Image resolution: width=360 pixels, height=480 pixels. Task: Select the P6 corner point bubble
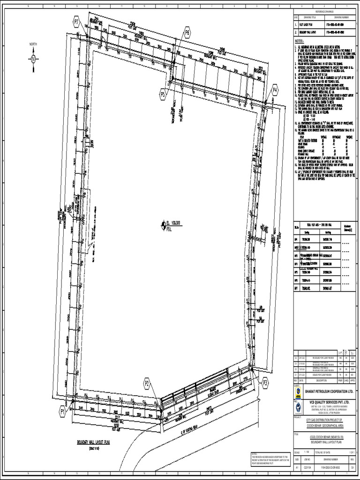pos(187,32)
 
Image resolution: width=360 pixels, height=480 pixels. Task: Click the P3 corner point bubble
pos(265,382)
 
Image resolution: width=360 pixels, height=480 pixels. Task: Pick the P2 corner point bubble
pos(147,384)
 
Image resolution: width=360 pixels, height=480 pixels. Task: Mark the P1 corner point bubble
pos(62,411)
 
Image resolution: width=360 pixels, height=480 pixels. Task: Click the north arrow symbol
pos(33,59)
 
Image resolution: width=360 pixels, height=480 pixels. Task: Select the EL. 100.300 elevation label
pos(173,223)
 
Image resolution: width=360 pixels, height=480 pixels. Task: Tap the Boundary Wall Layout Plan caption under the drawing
pos(93,442)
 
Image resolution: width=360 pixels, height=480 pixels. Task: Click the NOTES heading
pos(300,41)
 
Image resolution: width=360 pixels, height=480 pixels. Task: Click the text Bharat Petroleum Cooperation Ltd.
pos(329,391)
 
